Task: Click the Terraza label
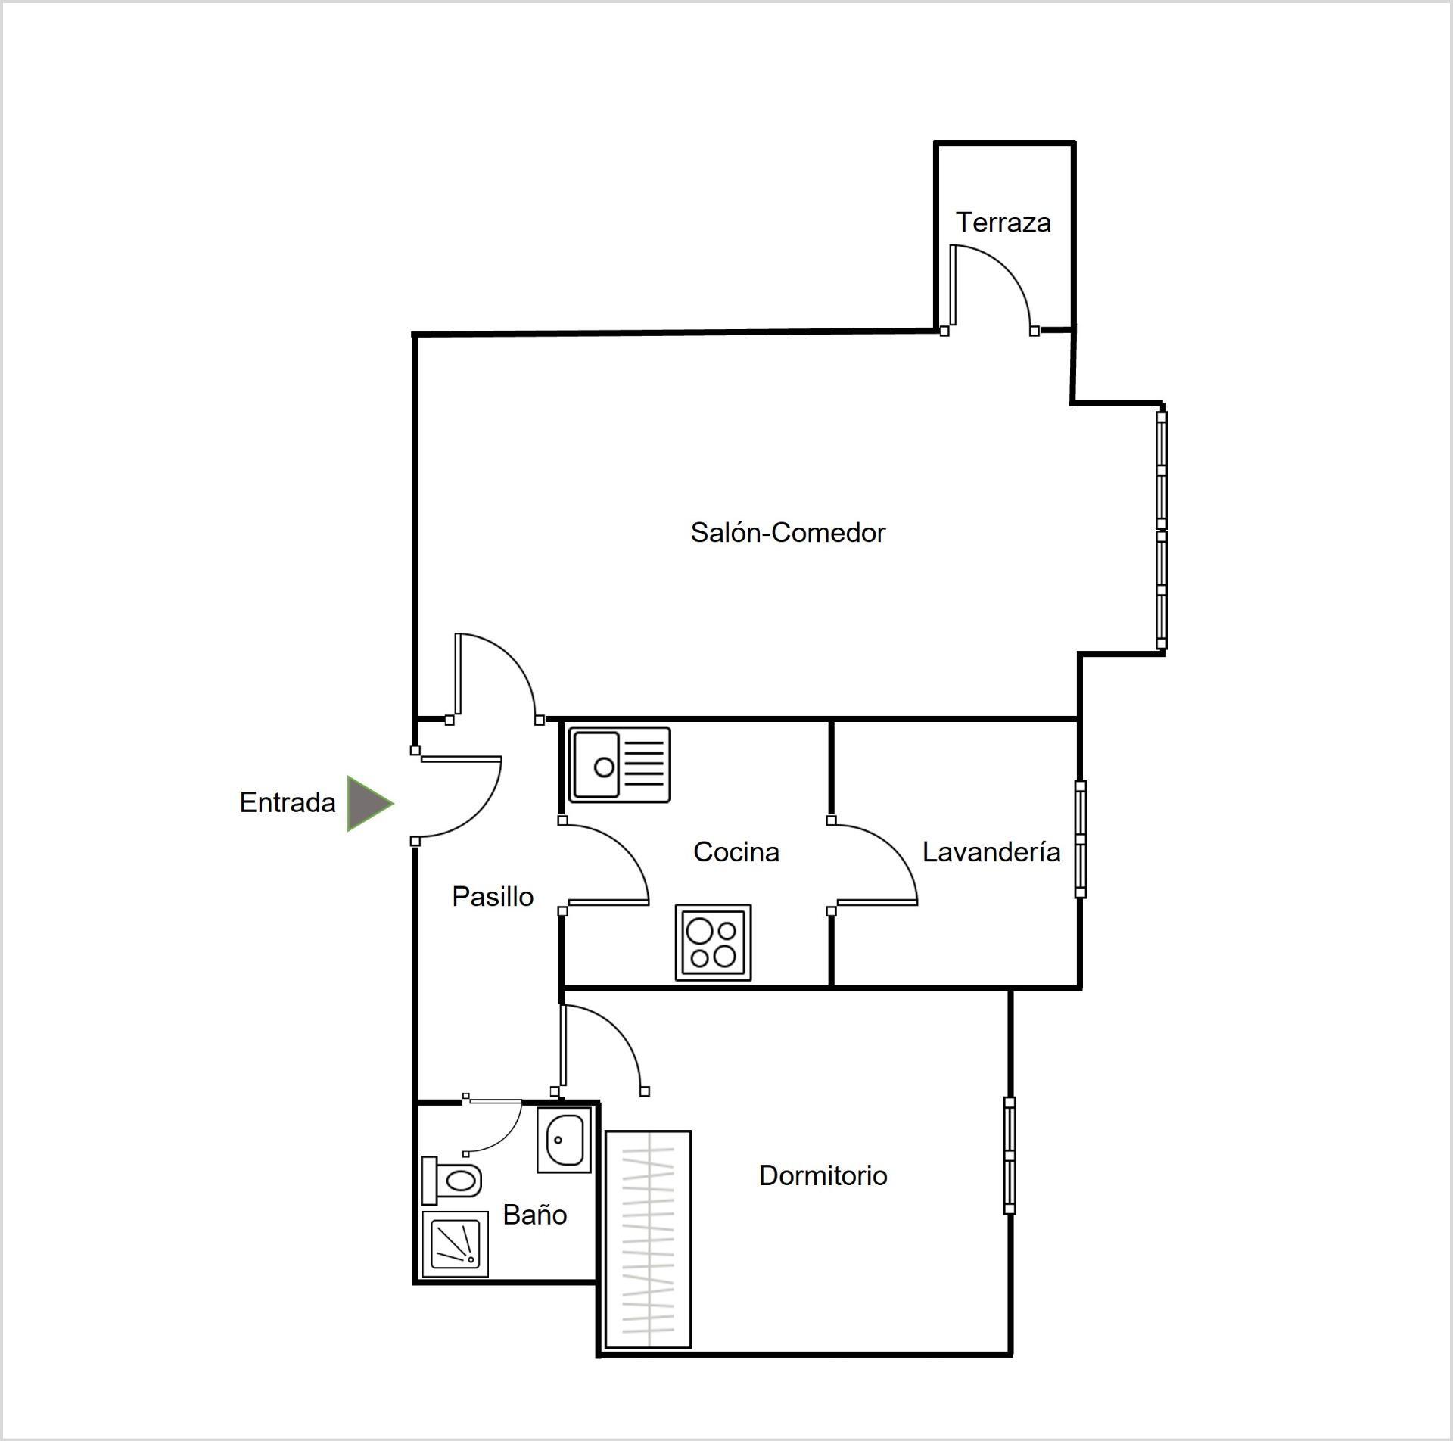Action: pyautogui.click(x=1003, y=223)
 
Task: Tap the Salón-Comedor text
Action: pyautogui.click(x=788, y=533)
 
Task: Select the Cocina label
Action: pyautogui.click(x=736, y=852)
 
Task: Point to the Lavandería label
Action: pyautogui.click(x=991, y=852)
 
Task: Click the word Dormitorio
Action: pyautogui.click(x=823, y=1175)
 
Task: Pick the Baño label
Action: pyautogui.click(x=535, y=1215)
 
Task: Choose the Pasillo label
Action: pyautogui.click(x=493, y=897)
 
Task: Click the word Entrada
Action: pyautogui.click(x=288, y=802)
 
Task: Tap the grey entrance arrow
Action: pyautogui.click(x=369, y=803)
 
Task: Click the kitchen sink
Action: pyautogui.click(x=620, y=764)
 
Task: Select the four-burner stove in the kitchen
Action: pyautogui.click(x=714, y=942)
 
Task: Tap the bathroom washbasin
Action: pyautogui.click(x=564, y=1140)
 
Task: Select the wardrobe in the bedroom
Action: pyautogui.click(x=649, y=1240)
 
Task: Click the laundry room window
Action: pyautogui.click(x=1081, y=839)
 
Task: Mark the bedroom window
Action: pyautogui.click(x=1010, y=1156)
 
